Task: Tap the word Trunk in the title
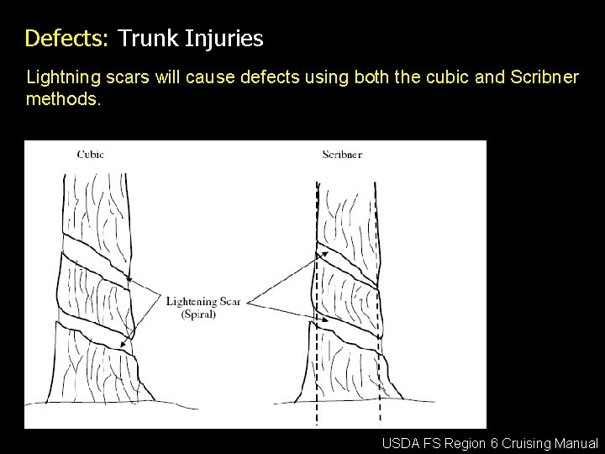[149, 39]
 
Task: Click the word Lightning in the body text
[61, 78]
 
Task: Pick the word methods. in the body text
[64, 99]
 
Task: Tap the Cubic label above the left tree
[91, 154]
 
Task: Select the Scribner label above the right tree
[342, 154]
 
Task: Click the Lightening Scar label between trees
[203, 302]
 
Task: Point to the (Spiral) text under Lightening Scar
[199, 314]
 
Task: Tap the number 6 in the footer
[497, 443]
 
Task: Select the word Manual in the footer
[577, 443]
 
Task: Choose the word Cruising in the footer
[529, 443]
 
